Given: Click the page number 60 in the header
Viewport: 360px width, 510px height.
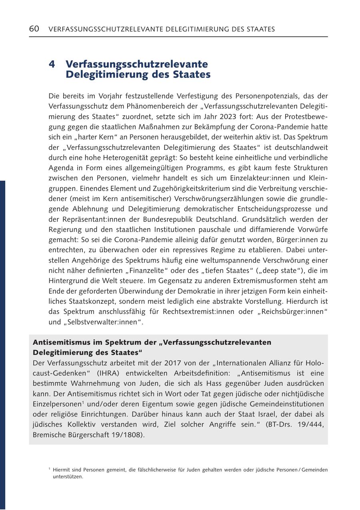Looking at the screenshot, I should point(34,29).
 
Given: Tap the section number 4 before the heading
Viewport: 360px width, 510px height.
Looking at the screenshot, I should point(52,64).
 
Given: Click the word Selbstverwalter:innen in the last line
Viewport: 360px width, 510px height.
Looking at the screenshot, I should point(102,322).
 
